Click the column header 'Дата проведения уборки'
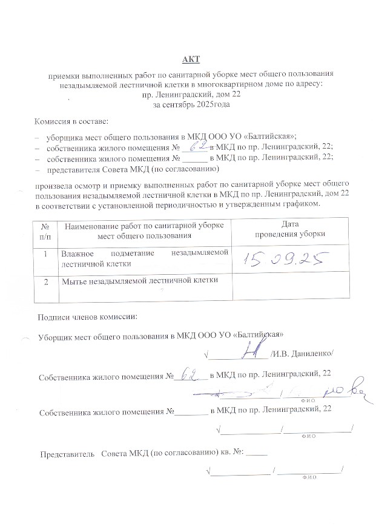pyautogui.click(x=289, y=229)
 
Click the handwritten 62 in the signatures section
pyautogui.click(x=192, y=376)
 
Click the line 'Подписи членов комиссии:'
pyautogui.click(x=87, y=316)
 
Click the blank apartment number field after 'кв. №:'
pyautogui.click(x=257, y=453)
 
